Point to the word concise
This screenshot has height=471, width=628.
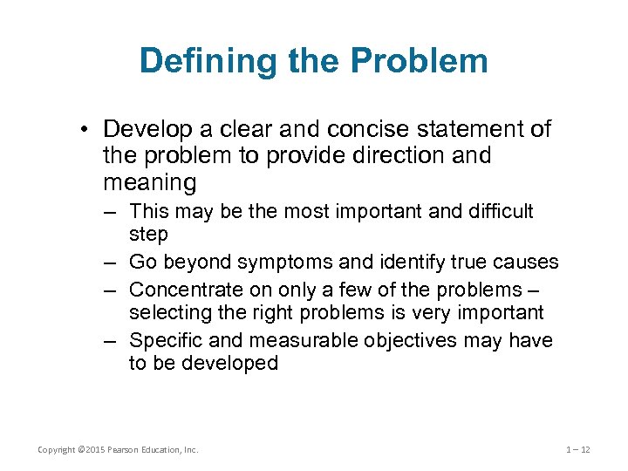[x=370, y=130]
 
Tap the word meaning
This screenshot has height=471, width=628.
[x=149, y=182]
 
